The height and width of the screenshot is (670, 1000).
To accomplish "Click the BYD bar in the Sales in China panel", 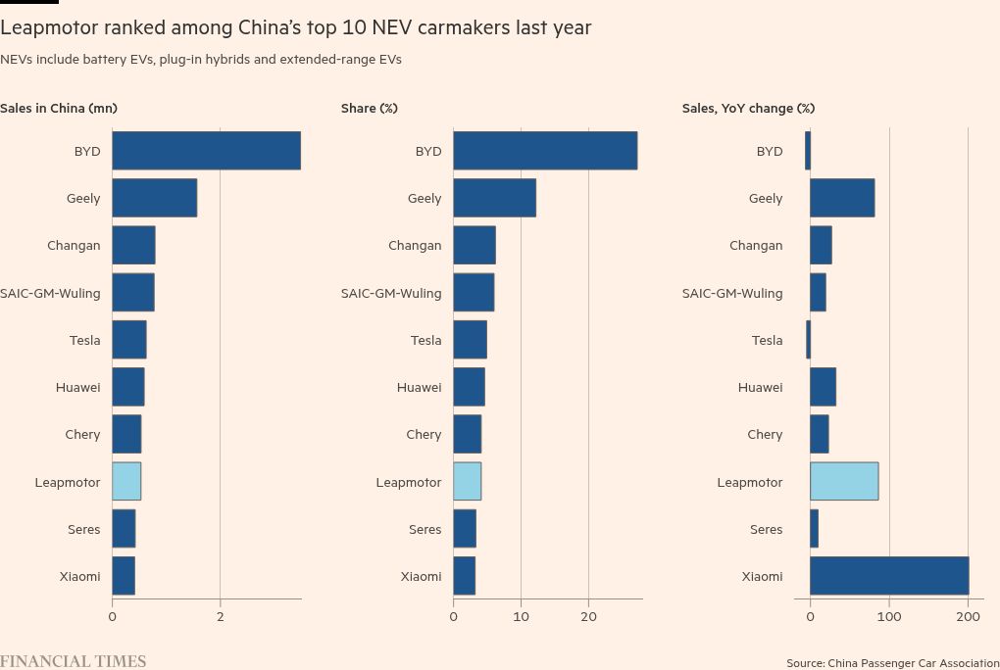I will (206, 151).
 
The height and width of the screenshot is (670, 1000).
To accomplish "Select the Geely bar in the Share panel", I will (494, 198).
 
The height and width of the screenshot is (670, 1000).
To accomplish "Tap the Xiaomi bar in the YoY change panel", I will (888, 576).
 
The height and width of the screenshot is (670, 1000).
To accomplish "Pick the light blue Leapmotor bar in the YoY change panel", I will (843, 482).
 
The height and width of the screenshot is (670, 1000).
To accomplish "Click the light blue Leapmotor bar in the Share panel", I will (467, 482).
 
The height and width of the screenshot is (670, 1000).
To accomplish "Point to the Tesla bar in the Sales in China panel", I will (128, 340).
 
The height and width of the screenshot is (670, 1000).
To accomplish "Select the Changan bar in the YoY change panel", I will (821, 245).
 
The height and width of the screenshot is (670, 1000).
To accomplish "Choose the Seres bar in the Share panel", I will (465, 529).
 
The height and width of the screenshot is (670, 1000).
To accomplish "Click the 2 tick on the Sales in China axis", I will (220, 616).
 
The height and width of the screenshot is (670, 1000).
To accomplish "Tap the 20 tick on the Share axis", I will (588, 616).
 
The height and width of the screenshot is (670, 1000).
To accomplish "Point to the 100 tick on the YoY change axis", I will (889, 616).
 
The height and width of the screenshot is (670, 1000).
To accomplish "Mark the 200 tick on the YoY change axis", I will (969, 616).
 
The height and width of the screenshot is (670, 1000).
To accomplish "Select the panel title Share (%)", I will (370, 108).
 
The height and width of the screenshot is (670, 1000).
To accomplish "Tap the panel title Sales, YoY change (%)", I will (748, 108).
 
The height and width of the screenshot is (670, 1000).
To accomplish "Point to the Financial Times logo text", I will (73, 661).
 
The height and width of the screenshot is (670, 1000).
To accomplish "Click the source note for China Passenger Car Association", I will (892, 663).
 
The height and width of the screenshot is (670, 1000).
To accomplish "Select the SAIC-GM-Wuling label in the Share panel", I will (391, 293).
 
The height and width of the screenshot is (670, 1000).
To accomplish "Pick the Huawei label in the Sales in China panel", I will (77, 387).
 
